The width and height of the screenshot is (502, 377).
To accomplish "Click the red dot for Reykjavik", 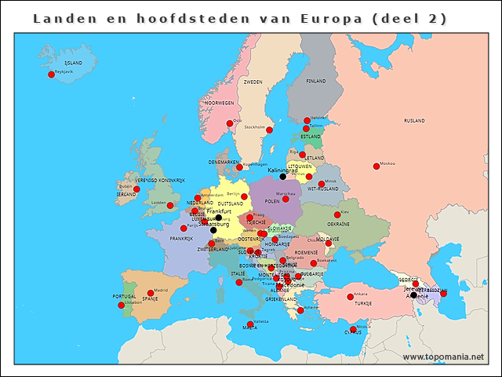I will [52, 75].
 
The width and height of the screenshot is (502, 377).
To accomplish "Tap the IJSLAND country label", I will [73, 62].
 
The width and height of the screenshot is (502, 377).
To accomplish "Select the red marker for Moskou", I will [374, 164].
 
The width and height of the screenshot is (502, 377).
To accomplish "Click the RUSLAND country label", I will [414, 121].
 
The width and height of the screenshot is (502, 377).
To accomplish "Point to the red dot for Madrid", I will [151, 293].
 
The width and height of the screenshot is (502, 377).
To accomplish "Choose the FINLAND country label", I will [316, 81].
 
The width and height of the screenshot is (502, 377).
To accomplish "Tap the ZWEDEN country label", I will [253, 82].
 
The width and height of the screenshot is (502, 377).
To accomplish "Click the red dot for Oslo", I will [230, 123].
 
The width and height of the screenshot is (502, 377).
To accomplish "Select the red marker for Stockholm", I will [269, 130].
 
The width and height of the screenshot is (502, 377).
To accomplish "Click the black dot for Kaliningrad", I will [283, 177].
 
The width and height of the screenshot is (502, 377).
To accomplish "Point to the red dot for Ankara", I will [350, 297].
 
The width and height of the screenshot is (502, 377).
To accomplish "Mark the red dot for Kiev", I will [337, 214].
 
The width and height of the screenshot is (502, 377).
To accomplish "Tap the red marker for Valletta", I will [250, 324].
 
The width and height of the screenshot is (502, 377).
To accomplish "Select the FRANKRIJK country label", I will [181, 239].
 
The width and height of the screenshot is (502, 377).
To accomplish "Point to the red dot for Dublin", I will [136, 189].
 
